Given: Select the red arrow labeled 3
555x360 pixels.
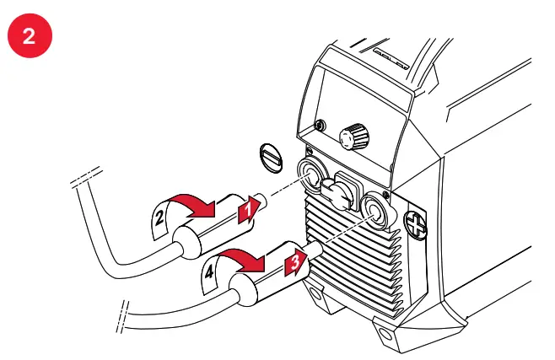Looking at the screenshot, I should coord(293,261).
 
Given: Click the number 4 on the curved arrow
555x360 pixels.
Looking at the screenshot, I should coord(208,272).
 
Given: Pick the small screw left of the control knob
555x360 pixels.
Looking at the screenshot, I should coord(320,126).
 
